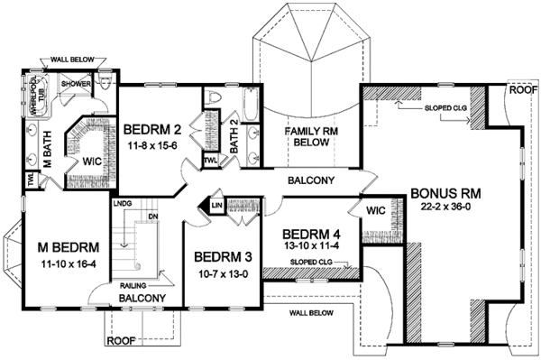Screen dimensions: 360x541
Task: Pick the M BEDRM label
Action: [54, 249]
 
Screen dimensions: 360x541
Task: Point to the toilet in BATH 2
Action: [215, 97]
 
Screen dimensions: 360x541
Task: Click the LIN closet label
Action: [217, 206]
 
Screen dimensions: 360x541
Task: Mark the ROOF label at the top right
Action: [520, 90]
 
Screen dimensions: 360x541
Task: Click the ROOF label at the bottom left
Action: [121, 341]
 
